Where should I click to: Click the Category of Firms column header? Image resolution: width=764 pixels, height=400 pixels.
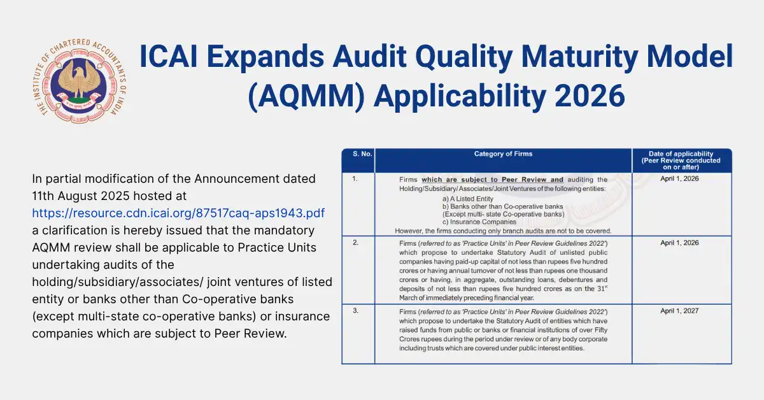[x=503, y=154]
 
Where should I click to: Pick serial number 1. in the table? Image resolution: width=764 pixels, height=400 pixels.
[x=355, y=180]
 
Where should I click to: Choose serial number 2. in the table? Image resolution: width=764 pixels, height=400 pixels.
[x=355, y=243]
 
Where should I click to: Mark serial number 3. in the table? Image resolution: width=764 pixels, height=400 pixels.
[x=355, y=311]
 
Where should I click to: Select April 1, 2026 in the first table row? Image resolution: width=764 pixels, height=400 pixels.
[x=681, y=180]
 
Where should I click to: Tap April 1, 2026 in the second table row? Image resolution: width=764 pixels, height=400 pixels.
[x=681, y=243]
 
